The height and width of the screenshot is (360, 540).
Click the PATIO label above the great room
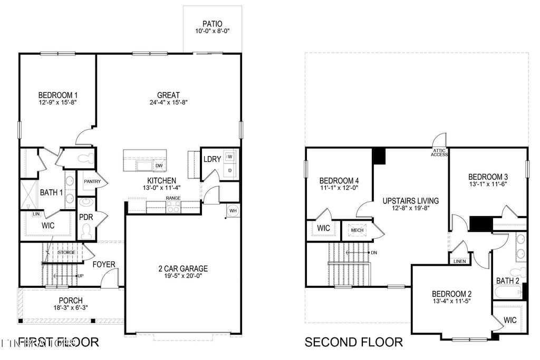[x=213, y=24]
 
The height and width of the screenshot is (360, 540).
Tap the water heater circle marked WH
[x=232, y=211]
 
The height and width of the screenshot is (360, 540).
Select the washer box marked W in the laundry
[x=229, y=157]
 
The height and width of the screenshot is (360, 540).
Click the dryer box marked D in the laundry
[x=229, y=171]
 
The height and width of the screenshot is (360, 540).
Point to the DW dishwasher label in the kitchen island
[x=159, y=166]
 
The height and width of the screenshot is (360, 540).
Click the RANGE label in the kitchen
[x=173, y=198]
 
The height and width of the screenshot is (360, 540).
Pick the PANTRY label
[x=92, y=181]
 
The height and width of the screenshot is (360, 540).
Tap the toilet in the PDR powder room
[x=86, y=230]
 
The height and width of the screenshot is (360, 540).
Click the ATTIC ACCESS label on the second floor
[x=440, y=152]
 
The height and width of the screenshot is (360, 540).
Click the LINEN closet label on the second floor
[x=459, y=261]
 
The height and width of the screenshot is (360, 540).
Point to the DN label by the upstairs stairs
[x=373, y=252]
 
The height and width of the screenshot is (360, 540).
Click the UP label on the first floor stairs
[x=80, y=276]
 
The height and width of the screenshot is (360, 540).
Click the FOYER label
[x=104, y=264]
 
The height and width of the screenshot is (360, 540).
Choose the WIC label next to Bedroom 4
[x=323, y=228]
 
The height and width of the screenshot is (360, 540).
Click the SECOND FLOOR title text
[x=354, y=343]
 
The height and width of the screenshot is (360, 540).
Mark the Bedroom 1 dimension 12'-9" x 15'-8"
[x=58, y=102]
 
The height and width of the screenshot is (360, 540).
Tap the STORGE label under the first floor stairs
[x=66, y=252]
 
